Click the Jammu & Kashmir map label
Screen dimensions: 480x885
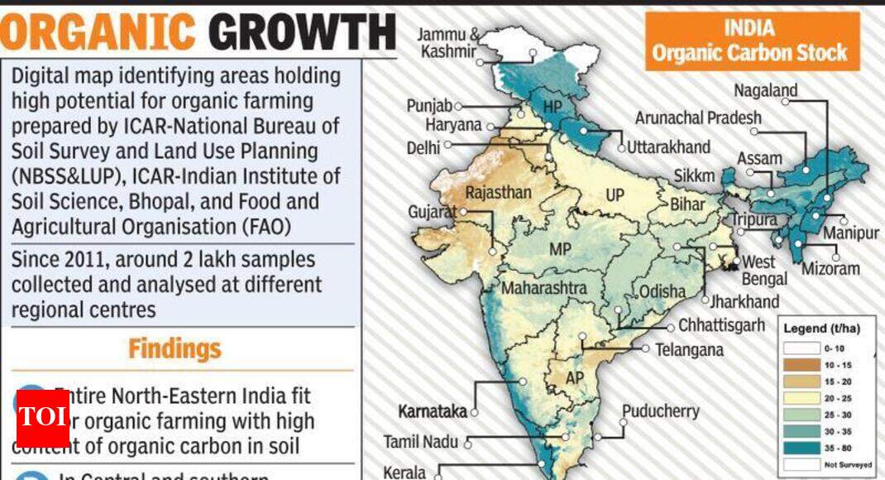447,43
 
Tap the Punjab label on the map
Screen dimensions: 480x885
429,106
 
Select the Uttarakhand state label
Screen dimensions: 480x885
668,147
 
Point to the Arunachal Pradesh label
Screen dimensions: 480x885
698,118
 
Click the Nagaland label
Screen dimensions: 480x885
765,91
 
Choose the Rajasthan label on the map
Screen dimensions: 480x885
498,193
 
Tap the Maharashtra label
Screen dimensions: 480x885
543,288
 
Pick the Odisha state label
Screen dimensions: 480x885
662,290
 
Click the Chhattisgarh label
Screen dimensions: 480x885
721,325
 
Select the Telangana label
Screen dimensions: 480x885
689,350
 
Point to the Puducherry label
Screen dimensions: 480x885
660,411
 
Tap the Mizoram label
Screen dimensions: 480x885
830,269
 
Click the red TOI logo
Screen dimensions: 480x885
42,415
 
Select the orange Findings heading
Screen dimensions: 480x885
175,348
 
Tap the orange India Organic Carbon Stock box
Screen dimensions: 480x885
749,41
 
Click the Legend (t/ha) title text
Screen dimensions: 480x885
821,329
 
